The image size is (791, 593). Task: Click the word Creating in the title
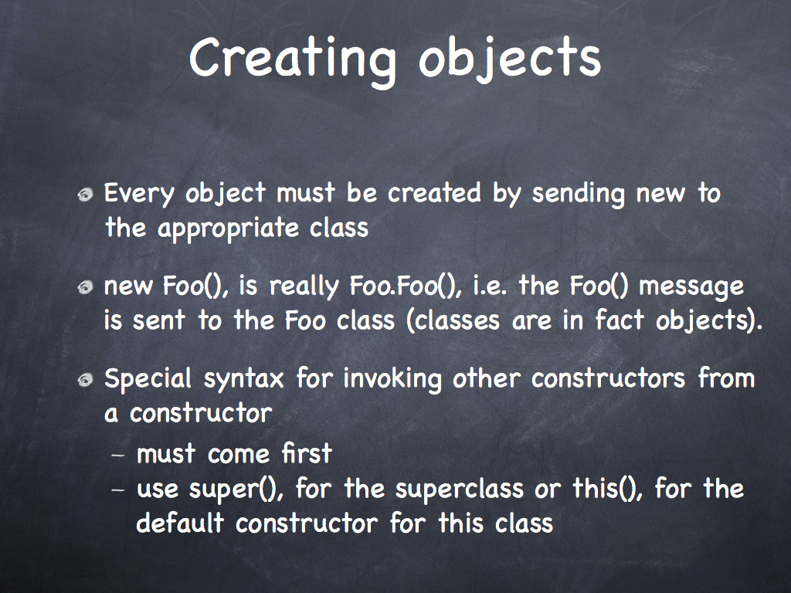(x=293, y=59)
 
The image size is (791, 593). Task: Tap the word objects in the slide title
(x=510, y=60)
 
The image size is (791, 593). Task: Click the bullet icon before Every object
(x=86, y=195)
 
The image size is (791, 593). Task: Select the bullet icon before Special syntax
(x=86, y=380)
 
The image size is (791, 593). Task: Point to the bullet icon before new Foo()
(x=86, y=287)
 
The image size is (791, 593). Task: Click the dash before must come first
(x=117, y=455)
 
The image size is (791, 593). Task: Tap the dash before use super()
(x=117, y=490)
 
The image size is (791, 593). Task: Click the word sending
(x=578, y=194)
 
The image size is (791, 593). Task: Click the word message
(x=691, y=287)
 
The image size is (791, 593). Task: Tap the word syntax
(x=243, y=380)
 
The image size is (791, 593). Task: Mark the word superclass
(x=459, y=489)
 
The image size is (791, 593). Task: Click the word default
(x=179, y=523)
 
